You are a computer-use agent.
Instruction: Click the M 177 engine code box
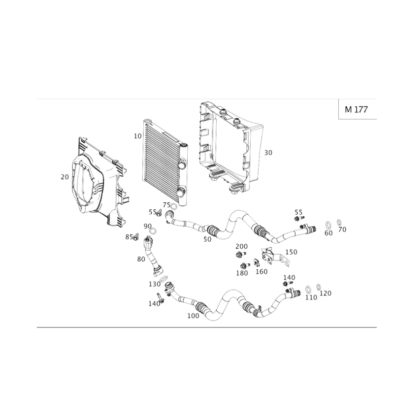click(x=358, y=109)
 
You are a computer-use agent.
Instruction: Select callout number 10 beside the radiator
click(x=138, y=136)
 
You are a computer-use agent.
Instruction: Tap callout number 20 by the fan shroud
click(x=65, y=177)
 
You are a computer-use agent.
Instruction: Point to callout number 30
click(x=268, y=153)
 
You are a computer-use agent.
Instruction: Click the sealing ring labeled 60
click(x=328, y=225)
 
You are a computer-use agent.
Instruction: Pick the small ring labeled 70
click(x=339, y=223)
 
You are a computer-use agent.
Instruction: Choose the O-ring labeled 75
click(x=174, y=207)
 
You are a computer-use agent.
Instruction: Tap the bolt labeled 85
click(x=136, y=236)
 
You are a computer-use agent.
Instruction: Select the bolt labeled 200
click(x=240, y=254)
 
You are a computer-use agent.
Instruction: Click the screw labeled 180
click(x=245, y=265)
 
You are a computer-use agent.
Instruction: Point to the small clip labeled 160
click(x=257, y=263)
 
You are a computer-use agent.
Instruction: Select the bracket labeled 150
click(x=273, y=257)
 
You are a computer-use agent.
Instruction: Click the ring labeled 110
click(x=308, y=290)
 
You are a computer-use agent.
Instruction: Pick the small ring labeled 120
click(x=318, y=287)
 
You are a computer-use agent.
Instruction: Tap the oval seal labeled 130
click(x=164, y=278)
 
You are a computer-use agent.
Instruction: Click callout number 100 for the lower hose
click(x=193, y=316)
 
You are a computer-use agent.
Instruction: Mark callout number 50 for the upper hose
click(x=207, y=239)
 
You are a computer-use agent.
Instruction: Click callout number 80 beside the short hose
click(x=141, y=259)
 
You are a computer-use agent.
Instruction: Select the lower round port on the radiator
click(x=181, y=193)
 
